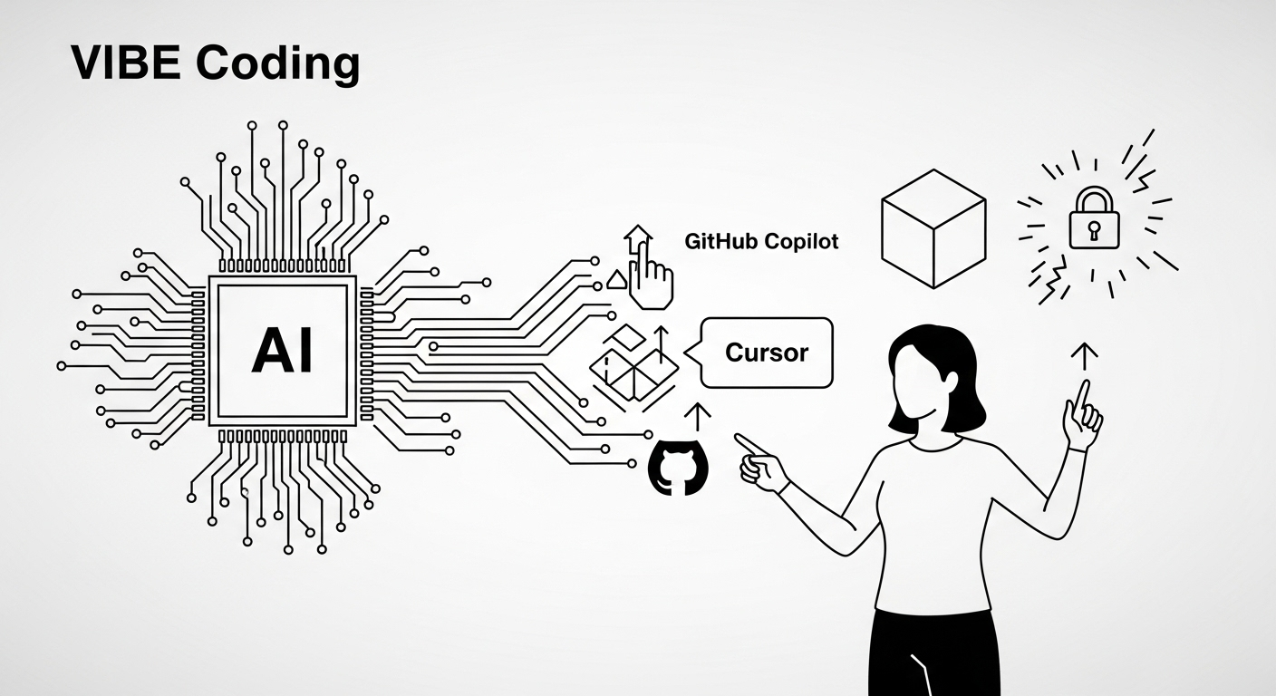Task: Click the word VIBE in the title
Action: [126, 63]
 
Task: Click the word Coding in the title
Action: [278, 63]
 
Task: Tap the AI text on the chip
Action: [283, 352]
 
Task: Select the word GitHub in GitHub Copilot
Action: [720, 241]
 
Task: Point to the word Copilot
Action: [801, 242]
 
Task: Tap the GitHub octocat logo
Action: [679, 467]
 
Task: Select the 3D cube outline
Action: [933, 228]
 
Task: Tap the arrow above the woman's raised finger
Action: [1084, 356]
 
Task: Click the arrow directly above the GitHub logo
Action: [697, 418]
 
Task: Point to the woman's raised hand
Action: [1082, 416]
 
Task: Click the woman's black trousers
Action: [934, 653]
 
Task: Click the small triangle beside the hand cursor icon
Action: [617, 280]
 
